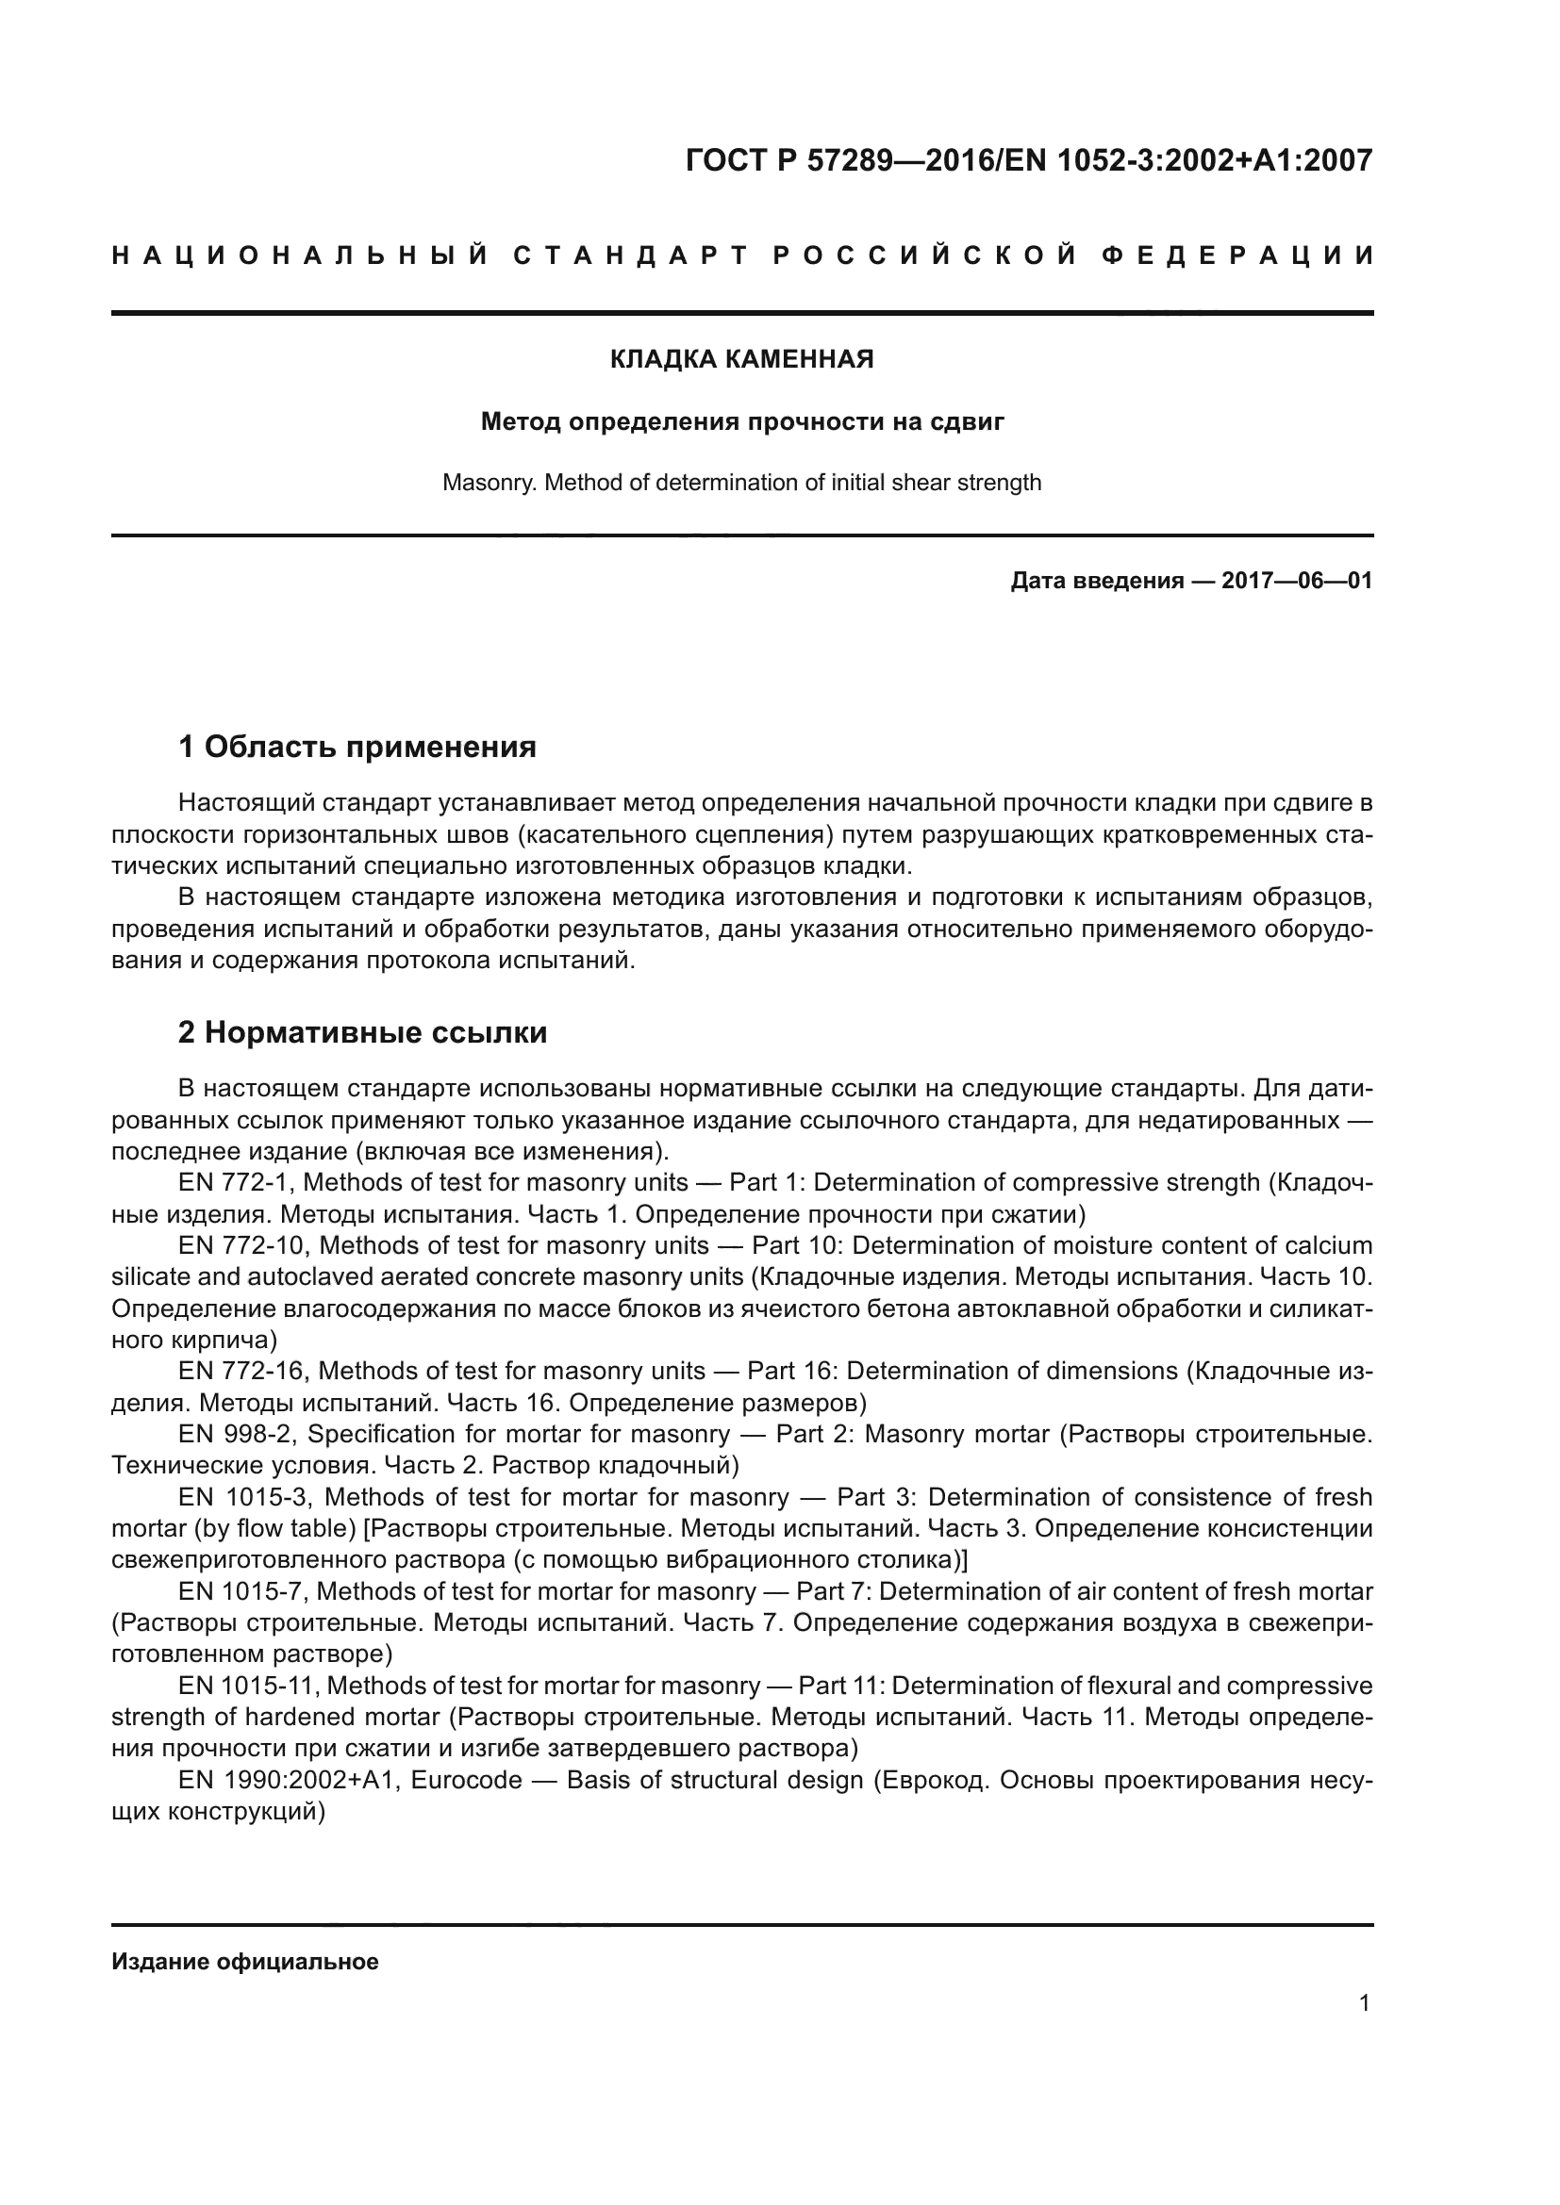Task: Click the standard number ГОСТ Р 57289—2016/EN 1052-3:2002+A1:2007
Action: (x=1029, y=160)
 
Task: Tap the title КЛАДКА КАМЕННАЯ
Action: (x=741, y=360)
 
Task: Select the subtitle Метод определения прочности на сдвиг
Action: (x=741, y=421)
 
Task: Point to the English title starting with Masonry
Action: (x=741, y=482)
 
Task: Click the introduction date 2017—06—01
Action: (x=1296, y=581)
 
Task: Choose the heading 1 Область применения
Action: (x=357, y=747)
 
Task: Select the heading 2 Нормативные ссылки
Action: (x=362, y=1032)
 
